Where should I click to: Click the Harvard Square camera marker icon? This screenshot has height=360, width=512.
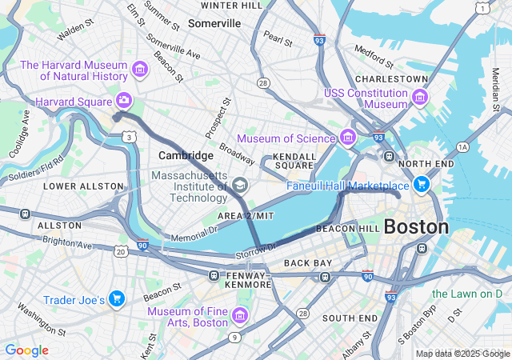124,100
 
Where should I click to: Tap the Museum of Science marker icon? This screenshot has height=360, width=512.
347,137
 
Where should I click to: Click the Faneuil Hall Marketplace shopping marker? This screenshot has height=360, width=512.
422,186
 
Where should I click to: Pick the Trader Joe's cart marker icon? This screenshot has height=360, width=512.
117,299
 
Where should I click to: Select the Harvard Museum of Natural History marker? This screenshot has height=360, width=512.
140,70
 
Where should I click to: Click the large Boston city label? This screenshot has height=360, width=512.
416,226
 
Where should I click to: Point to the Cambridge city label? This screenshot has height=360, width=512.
186,155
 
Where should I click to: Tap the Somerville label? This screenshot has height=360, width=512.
214,23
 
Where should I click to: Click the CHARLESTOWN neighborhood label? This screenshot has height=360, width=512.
392,79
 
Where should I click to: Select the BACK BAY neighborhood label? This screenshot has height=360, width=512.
307,263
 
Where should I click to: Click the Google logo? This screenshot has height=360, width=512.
26,350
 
